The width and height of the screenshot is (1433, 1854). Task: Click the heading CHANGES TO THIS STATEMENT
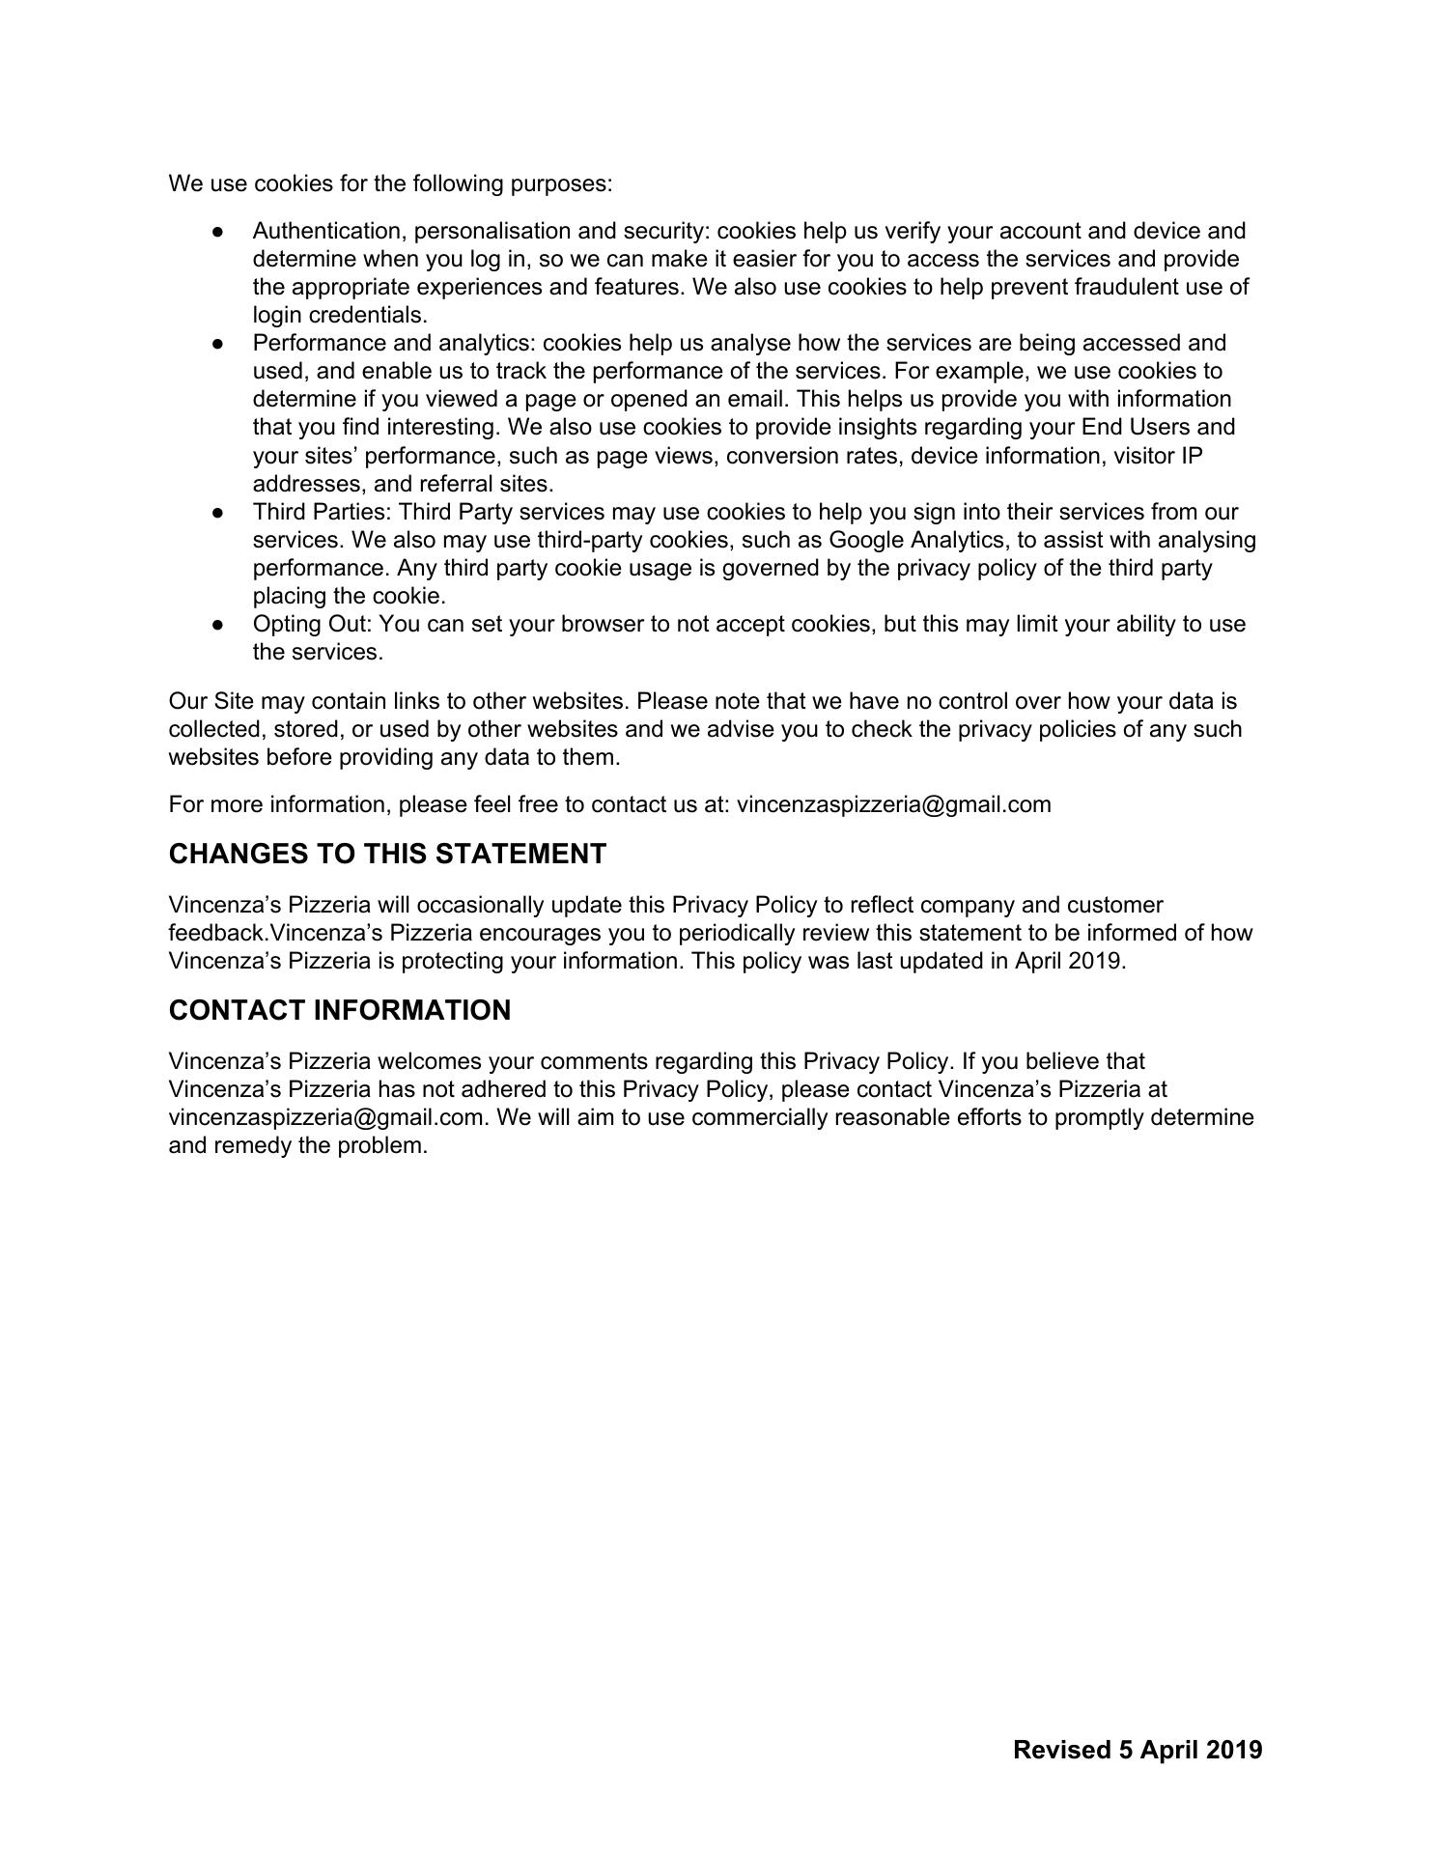[x=387, y=854]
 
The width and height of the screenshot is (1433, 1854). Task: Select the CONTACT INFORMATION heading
[x=339, y=1010]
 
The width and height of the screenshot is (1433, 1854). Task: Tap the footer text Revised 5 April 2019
[x=1138, y=1750]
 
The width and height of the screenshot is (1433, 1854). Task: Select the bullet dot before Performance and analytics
[x=219, y=344]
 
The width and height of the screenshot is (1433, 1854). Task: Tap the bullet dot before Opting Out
[x=219, y=625]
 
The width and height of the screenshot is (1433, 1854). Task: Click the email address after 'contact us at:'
[x=893, y=804]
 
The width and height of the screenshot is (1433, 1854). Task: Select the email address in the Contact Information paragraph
[x=325, y=1117]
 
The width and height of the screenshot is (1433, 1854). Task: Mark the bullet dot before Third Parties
[x=219, y=513]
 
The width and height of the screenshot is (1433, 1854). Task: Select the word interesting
[x=443, y=427]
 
